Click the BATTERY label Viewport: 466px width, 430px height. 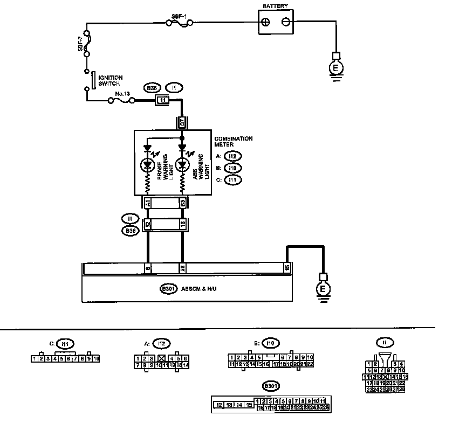coord(275,6)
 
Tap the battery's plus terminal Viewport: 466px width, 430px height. coord(265,23)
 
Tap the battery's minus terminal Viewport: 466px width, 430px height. coord(286,23)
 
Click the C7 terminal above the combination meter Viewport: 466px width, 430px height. coord(182,123)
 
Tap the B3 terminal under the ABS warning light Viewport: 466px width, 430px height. coord(183,203)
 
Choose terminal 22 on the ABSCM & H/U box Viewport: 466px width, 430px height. coord(182,268)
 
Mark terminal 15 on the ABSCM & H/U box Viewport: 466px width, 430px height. coord(287,268)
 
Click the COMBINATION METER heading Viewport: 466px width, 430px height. coord(234,142)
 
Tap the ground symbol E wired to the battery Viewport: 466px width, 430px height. coord(335,68)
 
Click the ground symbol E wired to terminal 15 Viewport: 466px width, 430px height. coord(323,289)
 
